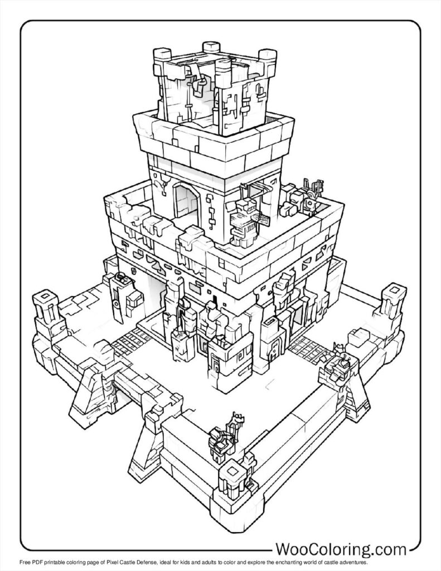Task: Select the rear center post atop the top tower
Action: pos(210,47)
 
